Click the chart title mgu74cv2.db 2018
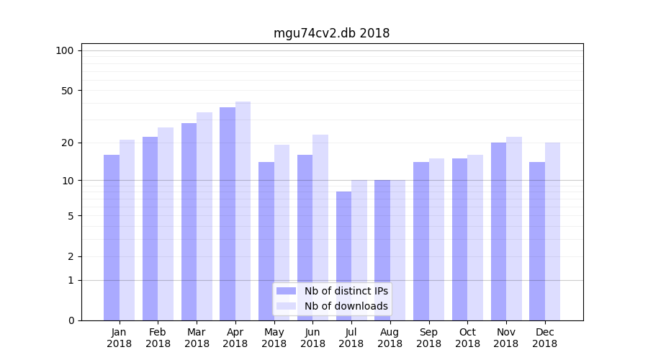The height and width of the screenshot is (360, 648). (331, 33)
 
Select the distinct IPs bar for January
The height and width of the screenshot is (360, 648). (112, 238)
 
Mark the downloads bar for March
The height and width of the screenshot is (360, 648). (204, 216)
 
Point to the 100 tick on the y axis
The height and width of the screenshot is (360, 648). (65, 50)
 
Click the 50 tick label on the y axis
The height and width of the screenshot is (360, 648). (67, 91)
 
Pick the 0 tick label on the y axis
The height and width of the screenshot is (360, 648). (71, 320)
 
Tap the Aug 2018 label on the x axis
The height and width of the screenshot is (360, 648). (390, 338)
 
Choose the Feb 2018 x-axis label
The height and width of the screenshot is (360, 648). (158, 338)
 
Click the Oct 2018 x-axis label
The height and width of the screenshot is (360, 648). (467, 338)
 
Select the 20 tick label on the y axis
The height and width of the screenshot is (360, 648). (67, 143)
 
